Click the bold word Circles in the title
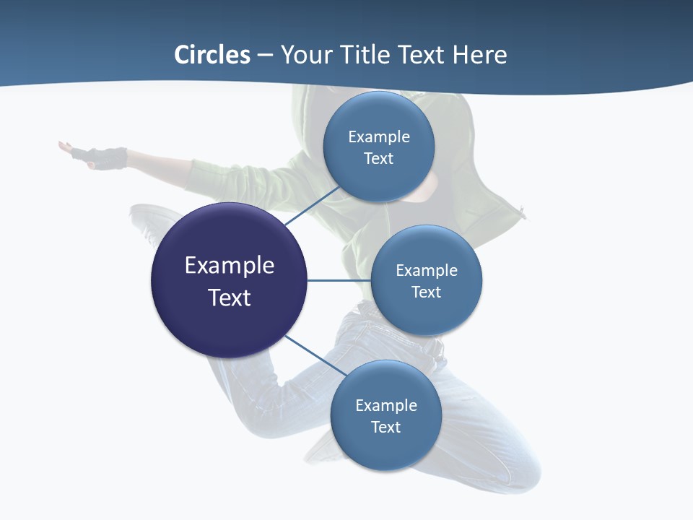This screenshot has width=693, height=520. pyautogui.click(x=212, y=55)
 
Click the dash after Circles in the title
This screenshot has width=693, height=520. pyautogui.click(x=265, y=56)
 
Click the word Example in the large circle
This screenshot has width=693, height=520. pyautogui.click(x=230, y=265)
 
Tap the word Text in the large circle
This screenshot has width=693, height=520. pyautogui.click(x=230, y=298)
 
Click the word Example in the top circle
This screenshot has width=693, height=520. pyautogui.click(x=378, y=136)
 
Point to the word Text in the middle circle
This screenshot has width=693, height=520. pyautogui.click(x=426, y=292)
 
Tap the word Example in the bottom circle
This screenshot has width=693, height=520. pyautogui.click(x=385, y=405)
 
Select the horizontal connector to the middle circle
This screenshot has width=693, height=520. pyautogui.click(x=339, y=280)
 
